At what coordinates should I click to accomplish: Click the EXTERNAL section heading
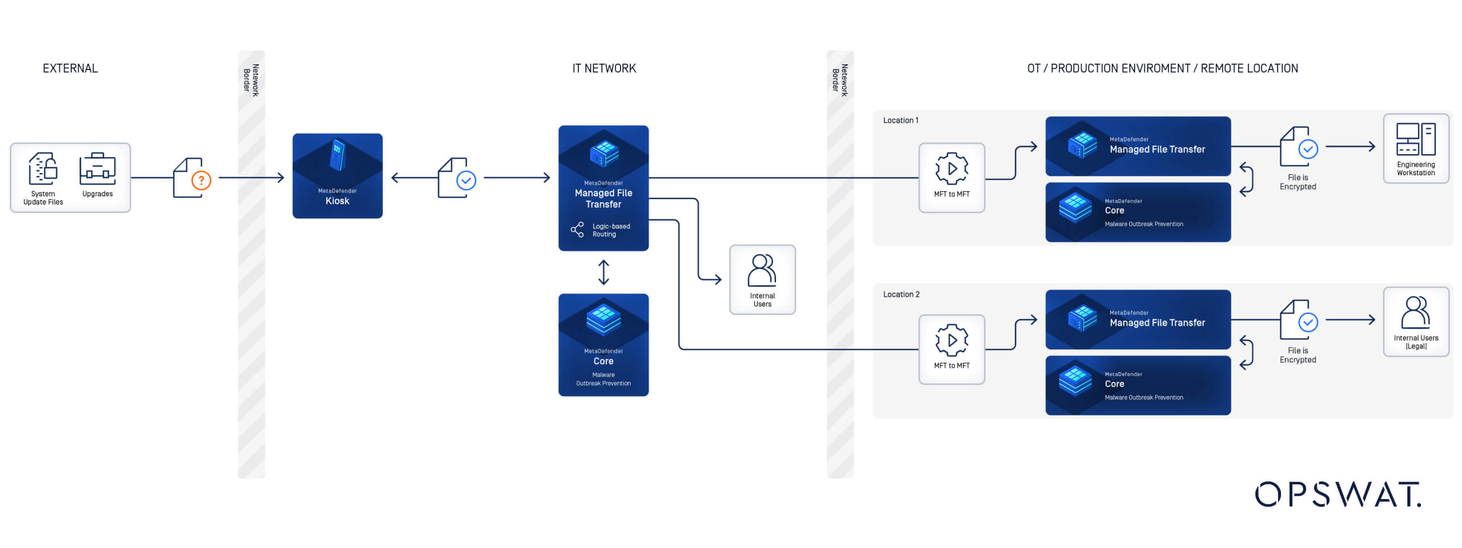pos(70,68)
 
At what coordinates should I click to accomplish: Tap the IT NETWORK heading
pos(603,68)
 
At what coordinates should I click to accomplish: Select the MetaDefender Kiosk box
pos(337,175)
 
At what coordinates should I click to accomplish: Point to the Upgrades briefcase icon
pos(97,169)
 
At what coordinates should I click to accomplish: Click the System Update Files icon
pos(43,169)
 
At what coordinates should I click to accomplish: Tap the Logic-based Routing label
pos(610,230)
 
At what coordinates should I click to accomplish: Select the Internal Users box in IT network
pos(762,279)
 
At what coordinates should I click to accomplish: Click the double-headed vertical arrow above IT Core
pos(603,272)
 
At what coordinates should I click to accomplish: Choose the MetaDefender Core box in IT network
pos(603,344)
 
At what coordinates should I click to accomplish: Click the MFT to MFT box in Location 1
pos(951,178)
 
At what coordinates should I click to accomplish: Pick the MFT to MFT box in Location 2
pos(951,349)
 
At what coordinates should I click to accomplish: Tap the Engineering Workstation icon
pos(1415,140)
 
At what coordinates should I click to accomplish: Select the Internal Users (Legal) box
pos(1415,322)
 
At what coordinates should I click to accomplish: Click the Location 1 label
pos(900,121)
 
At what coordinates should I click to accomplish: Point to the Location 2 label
pos(901,294)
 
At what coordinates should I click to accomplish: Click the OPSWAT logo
pos(1337,494)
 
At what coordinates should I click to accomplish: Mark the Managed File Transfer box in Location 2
pos(1137,320)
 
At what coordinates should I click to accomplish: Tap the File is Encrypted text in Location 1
pos(1297,182)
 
